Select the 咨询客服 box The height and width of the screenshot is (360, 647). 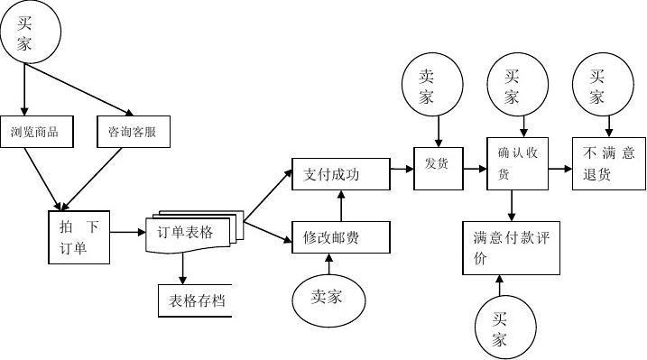132,132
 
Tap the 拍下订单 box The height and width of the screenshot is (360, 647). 79,237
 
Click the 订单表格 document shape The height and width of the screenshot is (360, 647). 191,234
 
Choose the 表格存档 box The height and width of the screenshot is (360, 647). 195,301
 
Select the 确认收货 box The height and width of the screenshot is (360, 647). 517,164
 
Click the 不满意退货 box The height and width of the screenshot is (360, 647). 609,164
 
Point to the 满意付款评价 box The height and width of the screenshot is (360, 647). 511,247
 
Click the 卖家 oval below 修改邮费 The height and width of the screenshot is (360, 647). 328,297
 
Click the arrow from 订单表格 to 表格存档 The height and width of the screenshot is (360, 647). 183,267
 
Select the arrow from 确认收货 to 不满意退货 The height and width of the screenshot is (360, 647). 560,166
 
